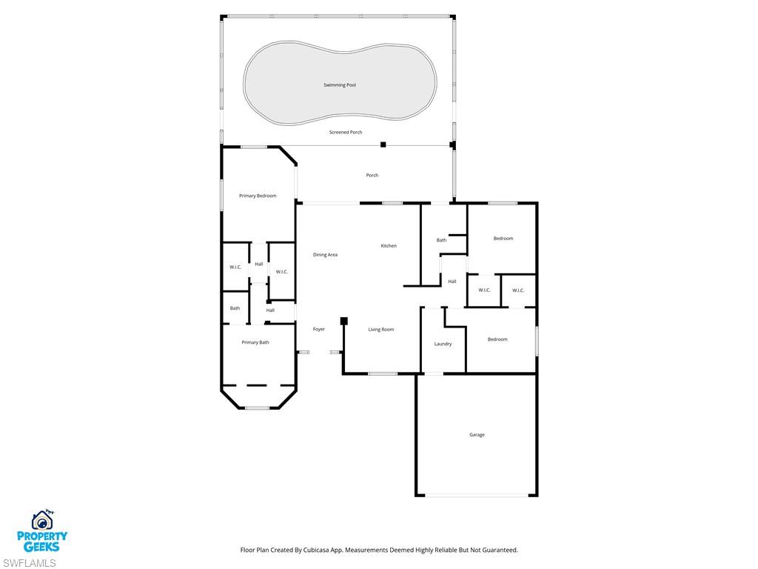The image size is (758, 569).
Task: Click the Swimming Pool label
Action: [x=340, y=85]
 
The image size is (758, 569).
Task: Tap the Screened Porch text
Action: [x=346, y=132]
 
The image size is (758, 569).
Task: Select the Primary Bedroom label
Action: [x=258, y=196]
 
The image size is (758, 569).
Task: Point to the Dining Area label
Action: [x=325, y=255]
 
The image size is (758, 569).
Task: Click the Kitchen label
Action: [x=389, y=246]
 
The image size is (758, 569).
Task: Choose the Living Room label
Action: [x=381, y=330]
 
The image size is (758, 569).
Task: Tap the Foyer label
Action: [x=319, y=329]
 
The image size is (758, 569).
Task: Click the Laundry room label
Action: [x=443, y=344]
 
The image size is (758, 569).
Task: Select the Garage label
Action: [x=477, y=435]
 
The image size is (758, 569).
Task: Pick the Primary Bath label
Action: [x=255, y=342]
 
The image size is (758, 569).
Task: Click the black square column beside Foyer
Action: [x=344, y=321]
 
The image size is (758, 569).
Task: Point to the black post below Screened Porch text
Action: [x=383, y=144]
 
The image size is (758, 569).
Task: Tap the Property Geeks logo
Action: [x=43, y=531]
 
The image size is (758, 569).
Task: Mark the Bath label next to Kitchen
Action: [x=441, y=240]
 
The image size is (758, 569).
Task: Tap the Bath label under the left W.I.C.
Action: [x=235, y=308]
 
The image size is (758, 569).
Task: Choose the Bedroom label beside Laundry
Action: [x=497, y=339]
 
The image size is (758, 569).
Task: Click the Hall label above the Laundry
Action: [x=452, y=282]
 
